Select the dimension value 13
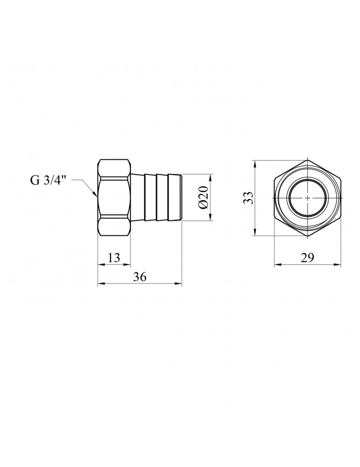[113, 257]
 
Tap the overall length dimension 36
[139, 276]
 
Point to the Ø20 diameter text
[202, 198]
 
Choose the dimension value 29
[308, 257]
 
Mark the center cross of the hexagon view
[307, 198]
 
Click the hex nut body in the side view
[113, 197]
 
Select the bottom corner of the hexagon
[307, 236]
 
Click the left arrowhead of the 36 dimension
[100, 283]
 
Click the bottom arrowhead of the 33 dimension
[255, 233]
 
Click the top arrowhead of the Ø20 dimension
[211, 177]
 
